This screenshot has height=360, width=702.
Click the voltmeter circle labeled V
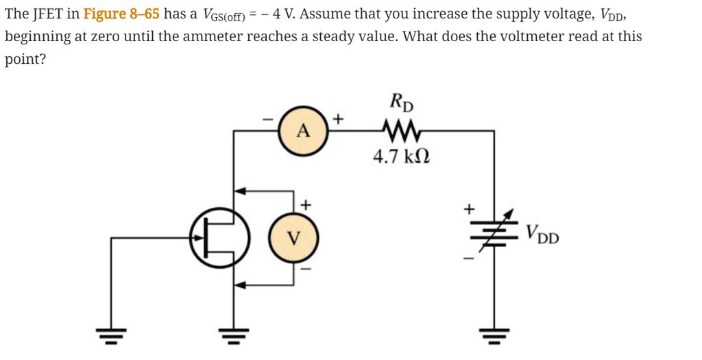pyautogui.click(x=293, y=238)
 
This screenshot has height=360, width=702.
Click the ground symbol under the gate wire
pyautogui.click(x=110, y=336)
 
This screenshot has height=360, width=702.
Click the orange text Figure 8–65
pyautogui.click(x=121, y=13)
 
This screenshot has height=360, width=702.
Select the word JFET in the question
pyautogui.click(x=49, y=13)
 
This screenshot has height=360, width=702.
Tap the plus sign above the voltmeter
pyautogui.click(x=306, y=204)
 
